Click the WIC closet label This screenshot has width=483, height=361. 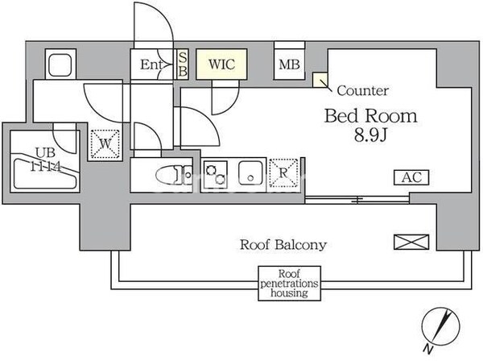[221, 64]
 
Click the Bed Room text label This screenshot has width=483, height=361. [370, 115]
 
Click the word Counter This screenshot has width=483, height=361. [362, 91]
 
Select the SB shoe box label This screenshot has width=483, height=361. [183, 64]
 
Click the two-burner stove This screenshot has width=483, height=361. [216, 172]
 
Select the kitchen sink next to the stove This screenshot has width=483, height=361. [250, 172]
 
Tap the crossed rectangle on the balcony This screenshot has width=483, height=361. [407, 241]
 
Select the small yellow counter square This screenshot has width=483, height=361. [320, 81]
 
